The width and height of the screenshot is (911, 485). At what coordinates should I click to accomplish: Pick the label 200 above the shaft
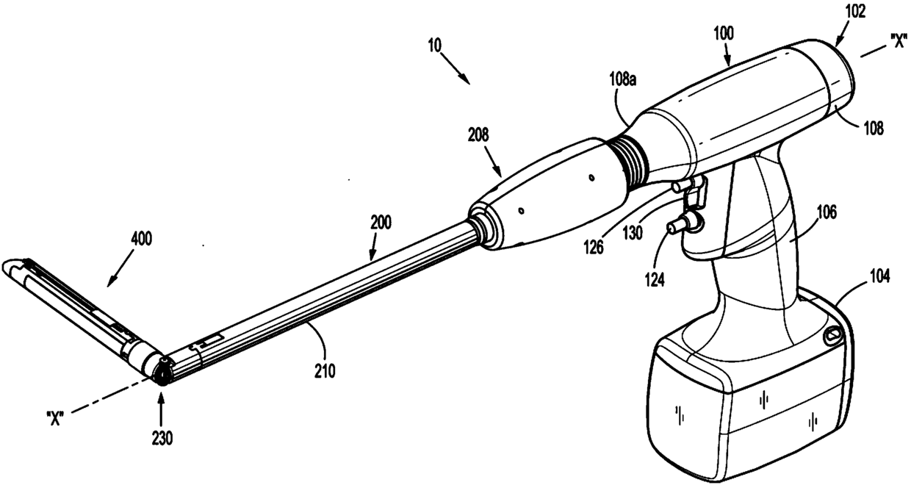pyautogui.click(x=381, y=223)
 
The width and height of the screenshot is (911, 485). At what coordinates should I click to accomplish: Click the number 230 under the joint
pyautogui.click(x=162, y=439)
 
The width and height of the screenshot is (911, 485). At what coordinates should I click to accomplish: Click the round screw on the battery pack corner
pyautogui.click(x=832, y=336)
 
